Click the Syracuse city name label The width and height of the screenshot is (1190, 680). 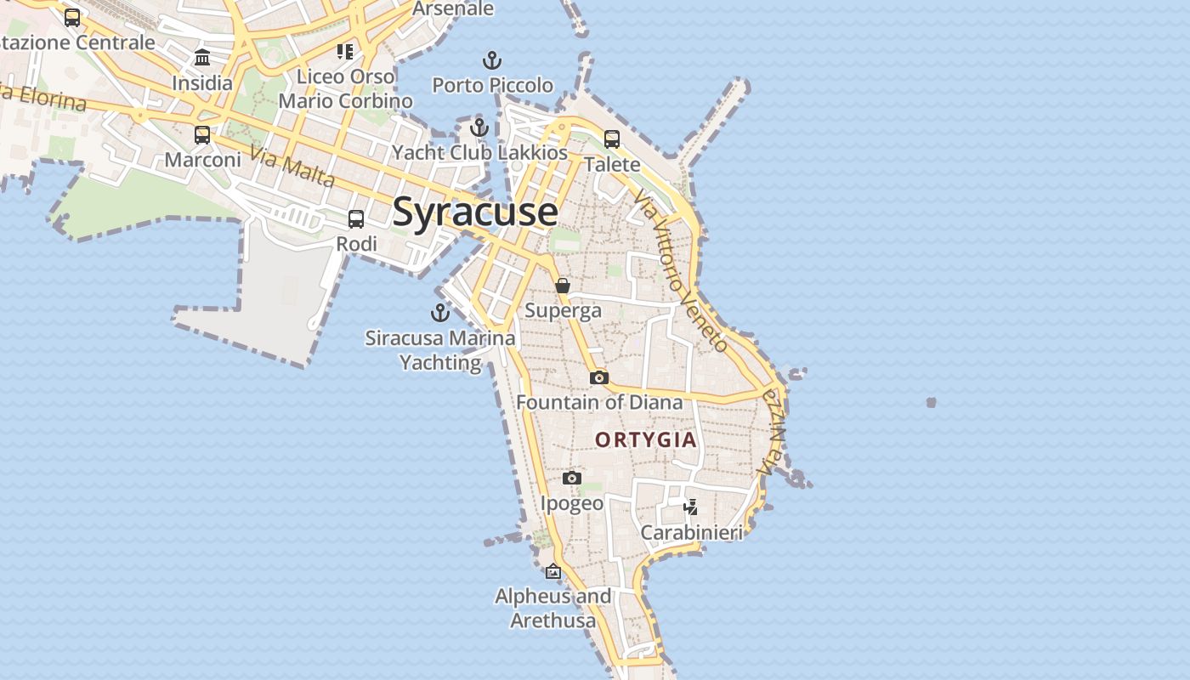point(475,212)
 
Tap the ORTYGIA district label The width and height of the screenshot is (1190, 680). point(646,439)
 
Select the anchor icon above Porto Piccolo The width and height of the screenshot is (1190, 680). point(492,61)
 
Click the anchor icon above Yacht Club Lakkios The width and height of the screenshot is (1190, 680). point(479,128)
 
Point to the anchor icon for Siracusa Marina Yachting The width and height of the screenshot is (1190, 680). point(440,313)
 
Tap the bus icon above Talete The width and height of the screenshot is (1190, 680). point(612,139)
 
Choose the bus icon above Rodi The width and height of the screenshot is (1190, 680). point(356,219)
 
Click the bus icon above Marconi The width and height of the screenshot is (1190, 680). point(202,135)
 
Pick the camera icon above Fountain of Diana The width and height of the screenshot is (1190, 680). point(599,377)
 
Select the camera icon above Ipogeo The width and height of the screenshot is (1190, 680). point(572,479)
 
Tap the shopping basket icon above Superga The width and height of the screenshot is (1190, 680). point(563,286)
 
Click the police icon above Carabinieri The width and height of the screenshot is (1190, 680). point(691,507)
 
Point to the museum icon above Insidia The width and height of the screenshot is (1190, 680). point(202,58)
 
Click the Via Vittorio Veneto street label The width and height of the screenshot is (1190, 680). point(680,269)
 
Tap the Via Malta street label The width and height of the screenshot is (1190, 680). point(293,166)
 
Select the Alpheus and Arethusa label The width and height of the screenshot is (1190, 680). point(553,608)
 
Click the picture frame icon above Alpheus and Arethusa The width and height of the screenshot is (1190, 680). point(553,571)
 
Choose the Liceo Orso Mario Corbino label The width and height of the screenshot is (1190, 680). point(345,88)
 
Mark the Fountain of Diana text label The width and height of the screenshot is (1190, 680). point(599,402)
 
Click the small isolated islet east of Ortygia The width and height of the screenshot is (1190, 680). point(931,402)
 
